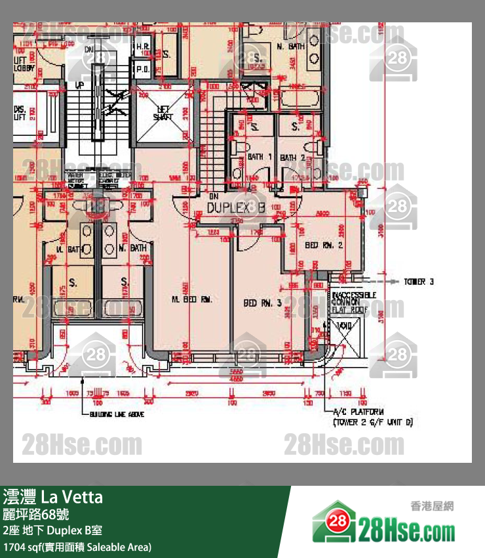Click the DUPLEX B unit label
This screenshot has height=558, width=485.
(x=236, y=207)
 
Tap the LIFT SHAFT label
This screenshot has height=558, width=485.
(x=163, y=114)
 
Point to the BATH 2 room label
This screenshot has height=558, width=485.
(x=292, y=158)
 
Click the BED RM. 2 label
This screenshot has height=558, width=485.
(x=324, y=245)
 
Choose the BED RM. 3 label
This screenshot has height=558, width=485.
(x=262, y=303)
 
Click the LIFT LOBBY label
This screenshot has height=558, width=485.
(x=24, y=63)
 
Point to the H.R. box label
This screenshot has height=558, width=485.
(x=142, y=47)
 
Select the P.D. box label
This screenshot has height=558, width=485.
(x=142, y=69)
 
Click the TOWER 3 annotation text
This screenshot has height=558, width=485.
(x=419, y=282)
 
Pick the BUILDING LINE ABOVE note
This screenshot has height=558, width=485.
(x=113, y=414)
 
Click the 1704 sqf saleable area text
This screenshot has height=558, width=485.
(x=77, y=546)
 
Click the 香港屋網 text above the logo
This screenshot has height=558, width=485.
(x=432, y=506)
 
